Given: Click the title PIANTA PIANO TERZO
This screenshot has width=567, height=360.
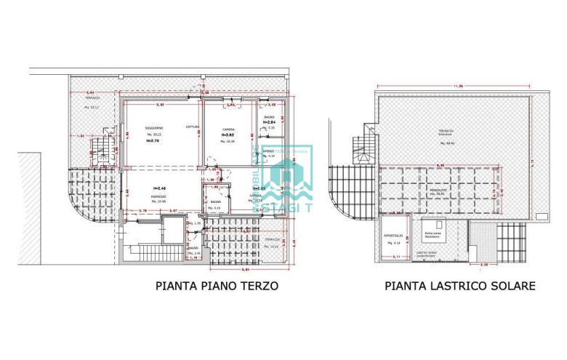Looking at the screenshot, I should coord(217,286).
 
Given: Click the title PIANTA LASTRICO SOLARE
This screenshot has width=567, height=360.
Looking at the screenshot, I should coord(459,286).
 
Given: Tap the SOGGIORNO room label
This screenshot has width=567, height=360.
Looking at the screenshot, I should coord(153,129).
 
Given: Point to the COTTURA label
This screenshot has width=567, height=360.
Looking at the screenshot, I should coord(192,127).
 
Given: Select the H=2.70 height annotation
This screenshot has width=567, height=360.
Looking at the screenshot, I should coord(153,140).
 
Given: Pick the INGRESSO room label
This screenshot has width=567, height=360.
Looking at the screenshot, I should coord(158,196).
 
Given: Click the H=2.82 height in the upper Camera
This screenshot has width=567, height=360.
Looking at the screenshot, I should coord(228,135).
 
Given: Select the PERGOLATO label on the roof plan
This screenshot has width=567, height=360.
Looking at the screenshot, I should coord(437,190).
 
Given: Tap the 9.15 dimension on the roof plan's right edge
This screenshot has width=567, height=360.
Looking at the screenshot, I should coord(553,161).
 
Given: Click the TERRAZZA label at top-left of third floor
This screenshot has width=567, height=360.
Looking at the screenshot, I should coord(91,103).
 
